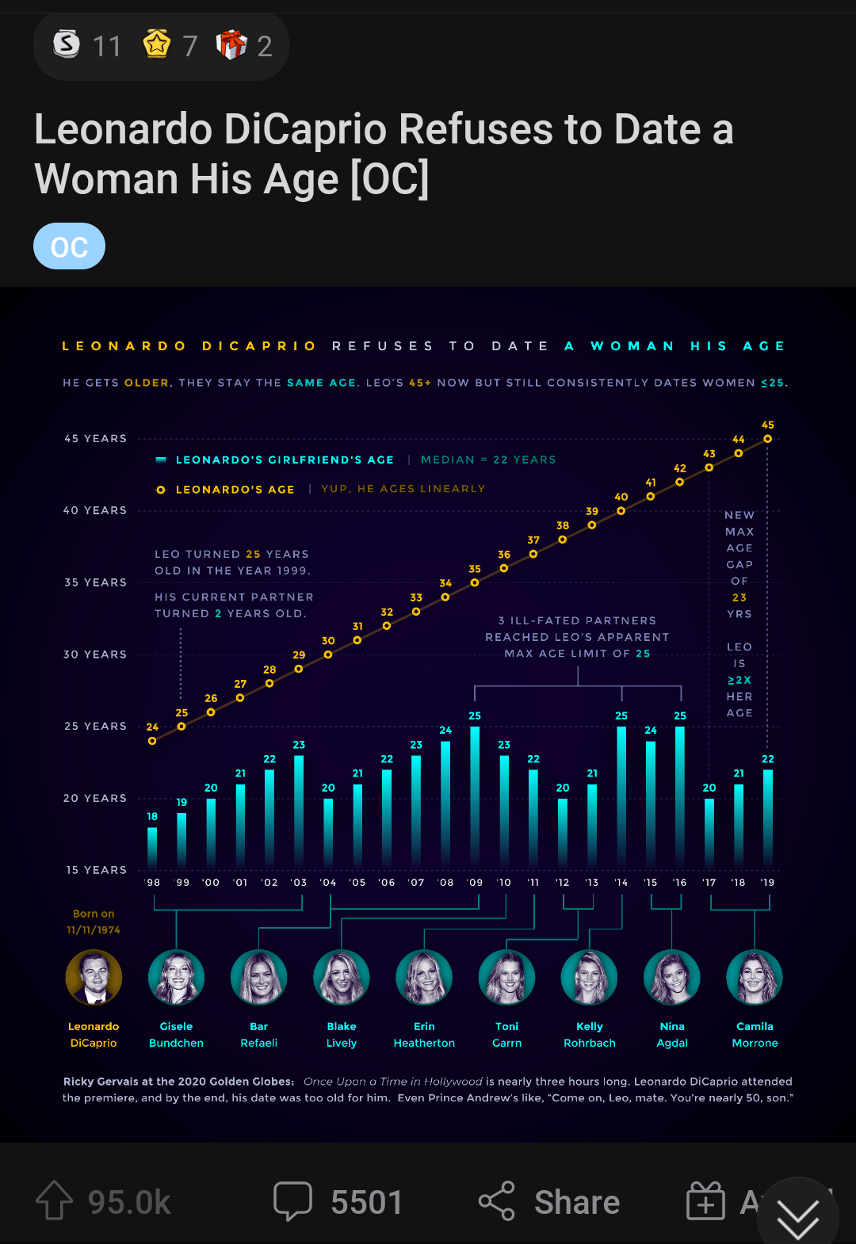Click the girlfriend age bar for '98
tap(152, 847)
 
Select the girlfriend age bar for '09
tap(475, 796)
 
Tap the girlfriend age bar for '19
tap(767, 818)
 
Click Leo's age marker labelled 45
tap(767, 439)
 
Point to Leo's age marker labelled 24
tap(152, 741)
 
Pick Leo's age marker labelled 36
tap(504, 568)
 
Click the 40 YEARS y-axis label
tap(95, 511)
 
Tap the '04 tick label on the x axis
tap(328, 883)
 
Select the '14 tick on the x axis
tap(621, 883)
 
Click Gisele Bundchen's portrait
tap(176, 978)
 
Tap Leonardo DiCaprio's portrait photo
tap(94, 978)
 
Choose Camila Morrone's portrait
tap(755, 978)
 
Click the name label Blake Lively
tap(342, 1035)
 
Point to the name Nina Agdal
tap(672, 1035)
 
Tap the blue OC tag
tap(69, 246)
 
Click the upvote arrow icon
tap(54, 1201)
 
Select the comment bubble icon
tap(292, 1201)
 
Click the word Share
tap(577, 1202)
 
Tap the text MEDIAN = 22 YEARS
tap(488, 460)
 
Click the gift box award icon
tap(231, 45)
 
